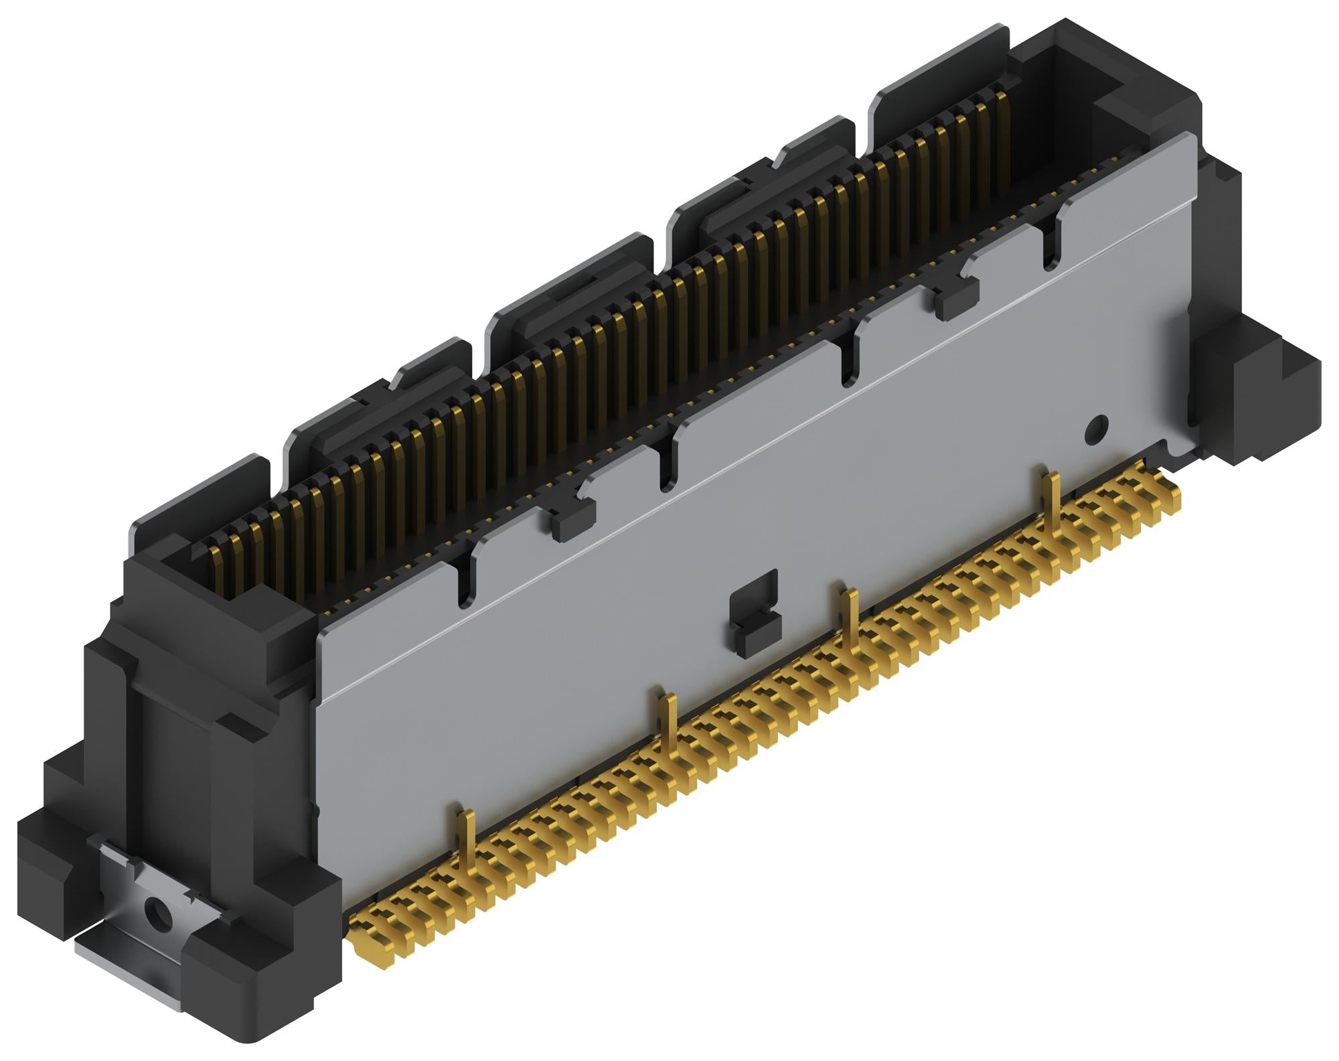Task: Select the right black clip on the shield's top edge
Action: coord(956,299)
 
